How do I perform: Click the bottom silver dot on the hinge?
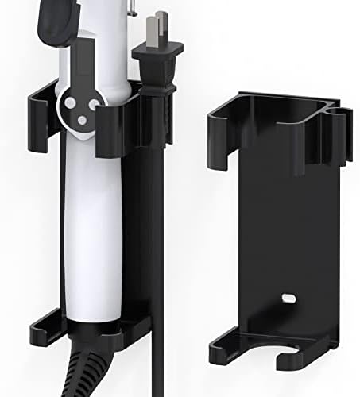tap(81, 120)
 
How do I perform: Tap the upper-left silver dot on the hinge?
tap(68, 102)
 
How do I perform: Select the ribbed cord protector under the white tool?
tap(87, 373)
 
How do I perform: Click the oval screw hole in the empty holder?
tap(287, 301)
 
